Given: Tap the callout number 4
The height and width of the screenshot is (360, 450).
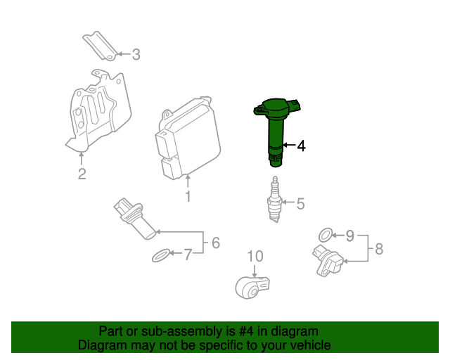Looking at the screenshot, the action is pyautogui.click(x=301, y=146).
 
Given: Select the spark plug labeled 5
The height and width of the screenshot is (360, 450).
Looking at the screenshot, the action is pyautogui.click(x=275, y=199).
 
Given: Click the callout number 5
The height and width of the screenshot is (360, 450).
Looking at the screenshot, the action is pyautogui.click(x=300, y=203).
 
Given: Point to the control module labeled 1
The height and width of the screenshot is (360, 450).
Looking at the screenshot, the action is pyautogui.click(x=188, y=138).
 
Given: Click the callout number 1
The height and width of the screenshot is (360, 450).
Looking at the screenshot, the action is pyautogui.click(x=188, y=196).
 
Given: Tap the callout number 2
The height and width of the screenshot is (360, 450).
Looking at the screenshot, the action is pyautogui.click(x=82, y=174).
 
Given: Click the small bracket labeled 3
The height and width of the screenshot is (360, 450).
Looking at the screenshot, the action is pyautogui.click(x=101, y=46).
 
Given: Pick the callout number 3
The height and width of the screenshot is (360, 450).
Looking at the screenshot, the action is pyautogui.click(x=136, y=55).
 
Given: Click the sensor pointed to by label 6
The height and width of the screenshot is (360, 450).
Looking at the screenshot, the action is pyautogui.click(x=134, y=218).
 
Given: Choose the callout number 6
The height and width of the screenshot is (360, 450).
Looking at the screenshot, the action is pyautogui.click(x=216, y=243).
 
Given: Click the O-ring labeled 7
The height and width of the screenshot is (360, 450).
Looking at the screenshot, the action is pyautogui.click(x=161, y=255).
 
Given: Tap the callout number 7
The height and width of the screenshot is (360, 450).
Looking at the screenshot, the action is pyautogui.click(x=188, y=255).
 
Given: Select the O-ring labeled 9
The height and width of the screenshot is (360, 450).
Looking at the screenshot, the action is pyautogui.click(x=326, y=235).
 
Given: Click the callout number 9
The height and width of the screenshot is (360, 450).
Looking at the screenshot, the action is pyautogui.click(x=350, y=236).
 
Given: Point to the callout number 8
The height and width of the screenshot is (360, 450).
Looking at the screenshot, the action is pyautogui.click(x=379, y=249).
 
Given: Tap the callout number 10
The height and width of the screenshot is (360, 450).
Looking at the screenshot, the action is pyautogui.click(x=255, y=256).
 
